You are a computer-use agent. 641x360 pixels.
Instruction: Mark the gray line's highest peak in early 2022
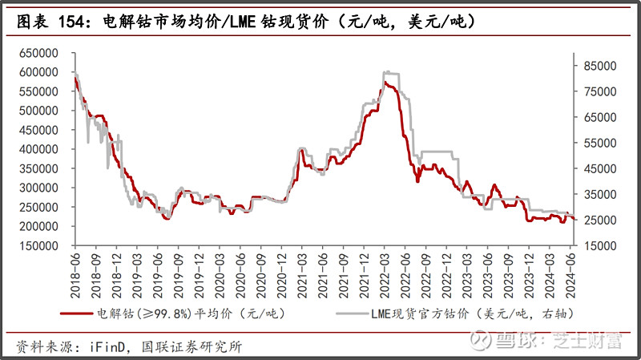[386, 71]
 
